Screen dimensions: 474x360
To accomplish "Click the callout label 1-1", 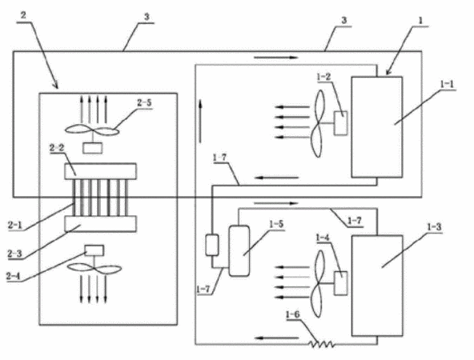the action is [447, 84].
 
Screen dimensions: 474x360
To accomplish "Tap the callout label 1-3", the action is [435, 227].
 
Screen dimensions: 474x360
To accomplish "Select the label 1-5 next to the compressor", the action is [276, 224].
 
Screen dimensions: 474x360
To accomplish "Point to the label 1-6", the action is [292, 314].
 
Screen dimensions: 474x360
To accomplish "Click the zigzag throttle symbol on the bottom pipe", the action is [321, 344].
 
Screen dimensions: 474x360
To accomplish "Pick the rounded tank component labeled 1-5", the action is [239, 250].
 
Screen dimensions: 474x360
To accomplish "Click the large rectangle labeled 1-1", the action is [376, 127].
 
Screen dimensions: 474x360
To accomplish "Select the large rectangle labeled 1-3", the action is [377, 286].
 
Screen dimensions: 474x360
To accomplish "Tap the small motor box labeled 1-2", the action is [340, 123].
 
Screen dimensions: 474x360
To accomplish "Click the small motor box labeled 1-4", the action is [340, 283].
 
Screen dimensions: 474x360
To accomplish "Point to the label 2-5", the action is [144, 102].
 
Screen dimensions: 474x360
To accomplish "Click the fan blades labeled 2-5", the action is [92, 130].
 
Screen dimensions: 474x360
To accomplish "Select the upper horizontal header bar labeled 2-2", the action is [100, 171].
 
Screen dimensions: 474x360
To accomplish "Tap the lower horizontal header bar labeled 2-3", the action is [100, 224].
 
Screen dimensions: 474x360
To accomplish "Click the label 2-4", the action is [14, 276].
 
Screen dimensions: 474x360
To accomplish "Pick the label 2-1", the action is [14, 225].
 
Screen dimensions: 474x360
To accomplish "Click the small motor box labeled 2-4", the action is [94, 250].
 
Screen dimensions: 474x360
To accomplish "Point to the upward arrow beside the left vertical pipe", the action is [200, 122].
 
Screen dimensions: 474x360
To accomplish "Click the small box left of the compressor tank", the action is [212, 245].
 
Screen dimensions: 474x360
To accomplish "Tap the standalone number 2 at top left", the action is [23, 15].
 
